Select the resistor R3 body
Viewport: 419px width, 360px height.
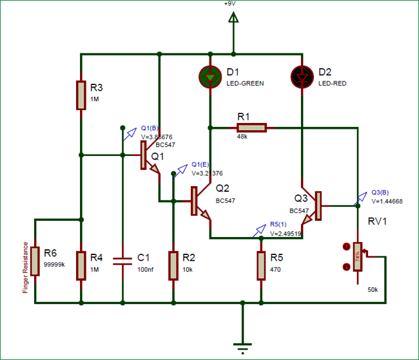81,95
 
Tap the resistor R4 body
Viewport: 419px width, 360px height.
81,265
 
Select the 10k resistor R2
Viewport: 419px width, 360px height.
173,265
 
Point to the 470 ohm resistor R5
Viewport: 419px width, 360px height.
261,265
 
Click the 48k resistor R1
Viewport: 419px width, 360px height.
251,128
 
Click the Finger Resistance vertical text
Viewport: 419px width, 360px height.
25,268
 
